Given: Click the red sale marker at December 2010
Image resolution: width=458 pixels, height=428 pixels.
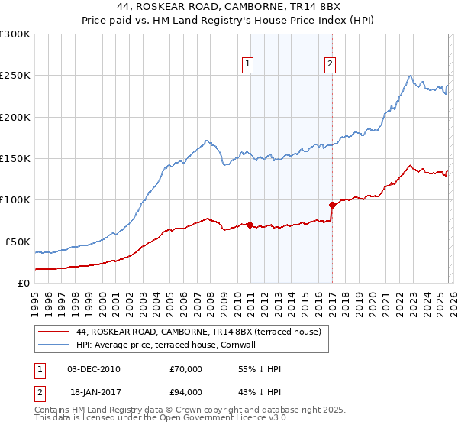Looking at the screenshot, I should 250,225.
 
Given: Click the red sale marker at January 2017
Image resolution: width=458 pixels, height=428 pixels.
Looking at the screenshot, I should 332,205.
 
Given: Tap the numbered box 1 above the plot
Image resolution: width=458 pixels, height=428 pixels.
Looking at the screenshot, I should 249,65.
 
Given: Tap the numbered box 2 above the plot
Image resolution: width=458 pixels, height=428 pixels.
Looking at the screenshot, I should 331,65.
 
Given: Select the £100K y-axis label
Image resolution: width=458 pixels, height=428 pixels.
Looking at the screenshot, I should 15,199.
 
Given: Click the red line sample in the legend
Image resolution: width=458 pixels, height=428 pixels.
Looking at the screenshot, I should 54,332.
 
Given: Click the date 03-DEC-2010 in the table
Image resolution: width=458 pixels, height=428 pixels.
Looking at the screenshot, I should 93,369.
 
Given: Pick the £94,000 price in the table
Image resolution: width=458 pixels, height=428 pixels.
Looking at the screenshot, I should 185,393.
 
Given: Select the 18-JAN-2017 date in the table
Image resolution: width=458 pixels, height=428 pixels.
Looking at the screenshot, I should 93,393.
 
